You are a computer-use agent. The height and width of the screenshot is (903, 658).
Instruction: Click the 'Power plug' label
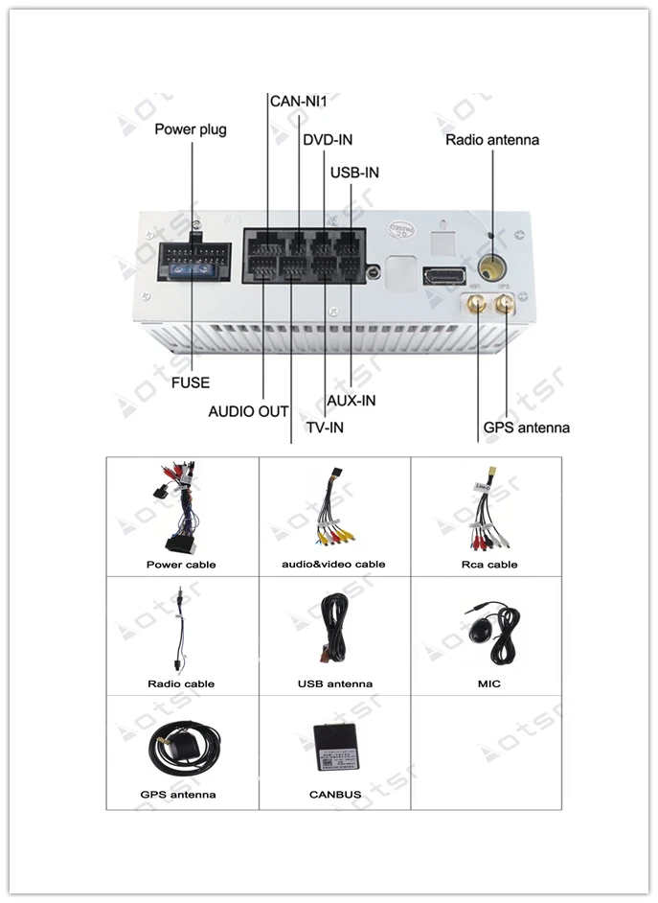[191, 129]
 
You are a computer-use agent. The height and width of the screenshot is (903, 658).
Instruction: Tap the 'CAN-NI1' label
[299, 102]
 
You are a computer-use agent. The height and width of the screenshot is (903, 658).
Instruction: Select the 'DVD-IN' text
[328, 140]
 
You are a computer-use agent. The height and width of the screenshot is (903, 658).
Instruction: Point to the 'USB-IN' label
[354, 173]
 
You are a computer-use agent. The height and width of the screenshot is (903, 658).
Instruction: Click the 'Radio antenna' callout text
[492, 140]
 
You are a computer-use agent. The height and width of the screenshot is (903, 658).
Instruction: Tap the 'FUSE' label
[191, 383]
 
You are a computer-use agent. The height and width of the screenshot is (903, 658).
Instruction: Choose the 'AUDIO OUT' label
[248, 412]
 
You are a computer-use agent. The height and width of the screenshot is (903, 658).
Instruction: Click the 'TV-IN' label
[325, 428]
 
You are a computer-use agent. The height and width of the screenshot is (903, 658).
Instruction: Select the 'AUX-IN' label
[352, 401]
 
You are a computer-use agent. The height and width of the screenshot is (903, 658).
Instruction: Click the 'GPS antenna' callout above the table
[526, 428]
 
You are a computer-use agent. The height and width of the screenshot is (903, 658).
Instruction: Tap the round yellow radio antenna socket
[491, 267]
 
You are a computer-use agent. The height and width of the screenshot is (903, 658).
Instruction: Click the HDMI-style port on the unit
[444, 276]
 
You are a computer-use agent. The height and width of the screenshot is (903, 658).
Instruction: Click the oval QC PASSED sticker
[402, 229]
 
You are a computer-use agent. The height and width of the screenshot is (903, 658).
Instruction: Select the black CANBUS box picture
[336, 747]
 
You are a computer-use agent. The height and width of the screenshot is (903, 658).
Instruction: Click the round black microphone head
[479, 631]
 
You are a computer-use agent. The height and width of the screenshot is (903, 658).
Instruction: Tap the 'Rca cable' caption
[489, 565]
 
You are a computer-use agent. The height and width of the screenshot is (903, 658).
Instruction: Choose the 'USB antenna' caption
[335, 684]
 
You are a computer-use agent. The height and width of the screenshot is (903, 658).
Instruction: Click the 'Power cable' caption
[181, 565]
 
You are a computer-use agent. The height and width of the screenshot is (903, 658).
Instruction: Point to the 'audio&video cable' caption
[333, 565]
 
